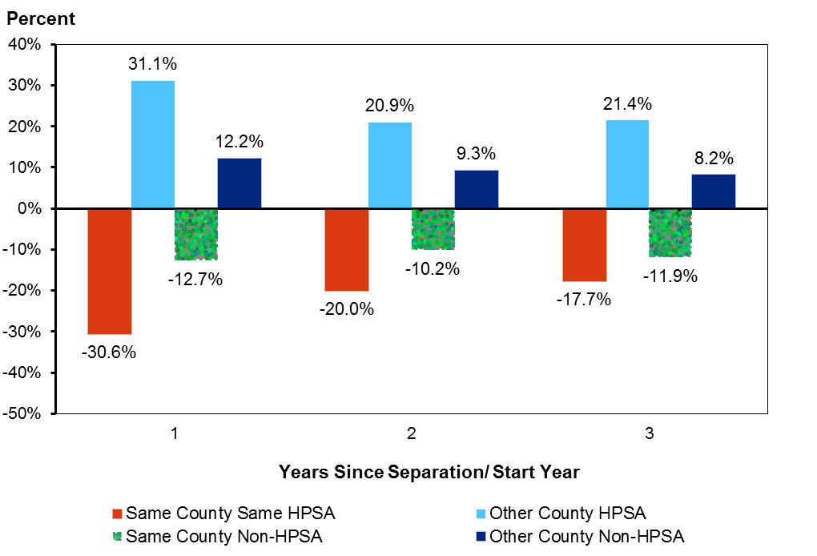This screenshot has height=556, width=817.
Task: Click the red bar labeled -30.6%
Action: tap(109, 271)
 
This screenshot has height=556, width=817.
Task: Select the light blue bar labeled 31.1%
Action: tap(152, 144)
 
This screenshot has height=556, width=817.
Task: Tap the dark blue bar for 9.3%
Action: tap(477, 189)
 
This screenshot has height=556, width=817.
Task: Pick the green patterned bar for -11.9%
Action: tap(670, 232)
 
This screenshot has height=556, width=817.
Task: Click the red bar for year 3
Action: tap(585, 245)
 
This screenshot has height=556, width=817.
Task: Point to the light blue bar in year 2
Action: tap(390, 165)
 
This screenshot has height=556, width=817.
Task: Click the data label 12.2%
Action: tap(239, 142)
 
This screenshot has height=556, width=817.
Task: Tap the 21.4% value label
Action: tap(628, 103)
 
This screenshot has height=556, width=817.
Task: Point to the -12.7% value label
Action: tap(196, 280)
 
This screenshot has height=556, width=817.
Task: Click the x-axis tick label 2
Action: tap(411, 434)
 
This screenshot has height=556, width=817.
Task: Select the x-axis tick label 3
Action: tap(649, 434)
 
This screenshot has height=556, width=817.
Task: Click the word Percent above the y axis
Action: tap(41, 18)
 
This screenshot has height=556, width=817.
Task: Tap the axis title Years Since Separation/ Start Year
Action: tap(429, 472)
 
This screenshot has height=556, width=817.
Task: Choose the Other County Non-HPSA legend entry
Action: tap(587, 536)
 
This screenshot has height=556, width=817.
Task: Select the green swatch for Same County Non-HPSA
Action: tap(118, 536)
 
